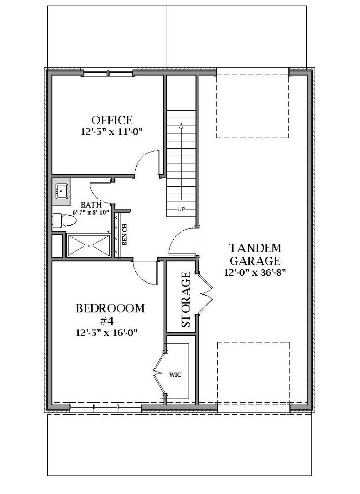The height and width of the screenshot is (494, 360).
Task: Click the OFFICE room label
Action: [x=111, y=120]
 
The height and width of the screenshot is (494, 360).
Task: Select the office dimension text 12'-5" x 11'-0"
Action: [x=111, y=132]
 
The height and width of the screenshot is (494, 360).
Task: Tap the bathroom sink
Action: [x=62, y=190]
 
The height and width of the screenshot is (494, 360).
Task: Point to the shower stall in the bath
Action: [x=89, y=245]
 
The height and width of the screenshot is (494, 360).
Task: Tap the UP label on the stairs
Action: [x=181, y=209]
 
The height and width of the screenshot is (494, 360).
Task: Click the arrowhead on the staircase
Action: [x=181, y=125]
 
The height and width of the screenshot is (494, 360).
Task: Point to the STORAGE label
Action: [x=186, y=300]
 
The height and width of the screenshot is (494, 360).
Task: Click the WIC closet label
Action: [x=175, y=374]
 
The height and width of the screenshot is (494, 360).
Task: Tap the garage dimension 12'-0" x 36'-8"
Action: [x=255, y=272]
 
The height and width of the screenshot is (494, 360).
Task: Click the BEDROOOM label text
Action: [x=110, y=309]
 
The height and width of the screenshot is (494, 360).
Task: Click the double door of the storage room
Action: [x=205, y=293]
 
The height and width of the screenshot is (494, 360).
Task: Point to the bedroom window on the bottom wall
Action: [x=105, y=408]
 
